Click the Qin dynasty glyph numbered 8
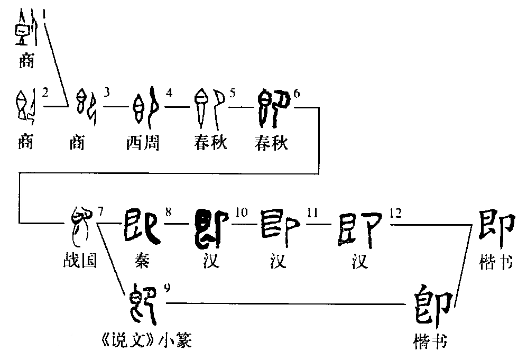click(x=142, y=225)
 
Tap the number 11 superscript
click(x=312, y=213)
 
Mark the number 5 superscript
click(x=233, y=94)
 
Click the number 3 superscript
click(x=107, y=94)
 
